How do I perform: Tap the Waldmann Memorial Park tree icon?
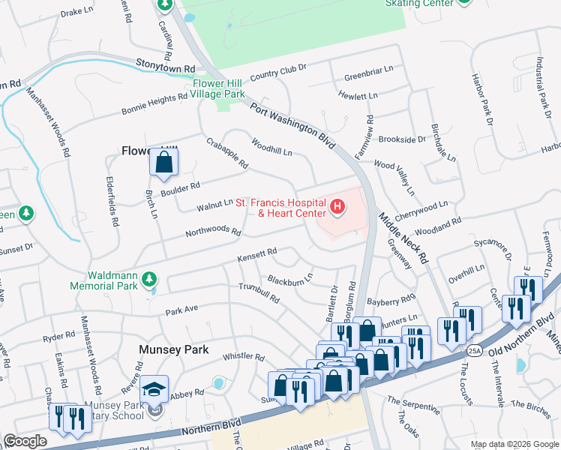(x=150, y=280)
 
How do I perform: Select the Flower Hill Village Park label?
(x=217, y=89)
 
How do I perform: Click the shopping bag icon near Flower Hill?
(x=163, y=161)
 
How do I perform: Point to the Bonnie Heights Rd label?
(x=154, y=104)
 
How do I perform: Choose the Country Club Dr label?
(x=279, y=72)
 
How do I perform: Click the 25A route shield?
(x=474, y=349)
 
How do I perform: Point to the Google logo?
(x=25, y=441)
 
